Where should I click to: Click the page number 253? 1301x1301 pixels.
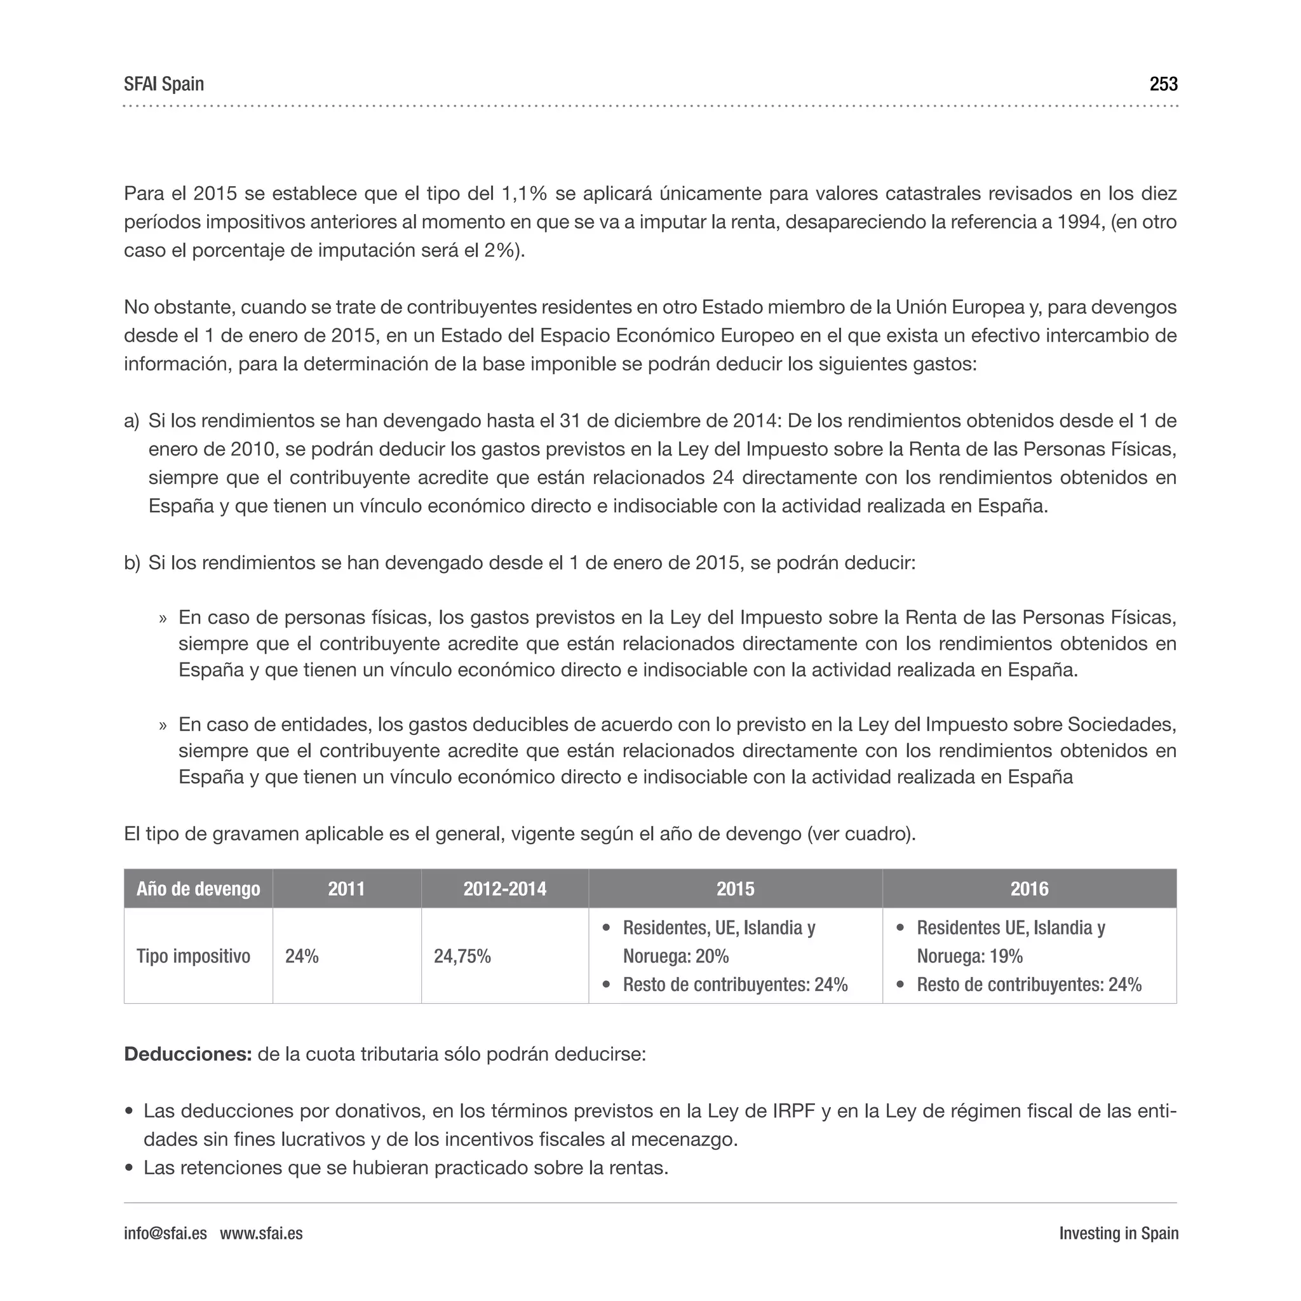pyautogui.click(x=1163, y=84)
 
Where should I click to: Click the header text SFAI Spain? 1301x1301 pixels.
pyautogui.click(x=164, y=84)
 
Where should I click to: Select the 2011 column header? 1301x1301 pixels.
pyautogui.click(x=346, y=889)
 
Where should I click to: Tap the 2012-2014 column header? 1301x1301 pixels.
pyautogui.click(x=504, y=889)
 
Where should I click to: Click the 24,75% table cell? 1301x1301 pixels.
pyautogui.click(x=462, y=956)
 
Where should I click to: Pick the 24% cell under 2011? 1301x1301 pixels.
pyautogui.click(x=302, y=956)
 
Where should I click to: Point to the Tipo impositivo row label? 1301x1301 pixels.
pyautogui.click(x=193, y=956)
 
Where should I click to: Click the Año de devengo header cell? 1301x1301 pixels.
pyautogui.click(x=198, y=889)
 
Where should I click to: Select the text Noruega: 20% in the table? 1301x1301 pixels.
pyautogui.click(x=675, y=956)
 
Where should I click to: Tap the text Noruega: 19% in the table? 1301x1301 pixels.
pyautogui.click(x=969, y=956)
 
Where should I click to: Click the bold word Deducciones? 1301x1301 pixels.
pyautogui.click(x=188, y=1054)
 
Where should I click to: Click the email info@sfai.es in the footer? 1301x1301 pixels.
pyautogui.click(x=165, y=1233)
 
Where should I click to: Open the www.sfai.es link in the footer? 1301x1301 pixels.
pyautogui.click(x=261, y=1233)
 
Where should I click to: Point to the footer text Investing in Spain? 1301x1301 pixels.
pyautogui.click(x=1118, y=1233)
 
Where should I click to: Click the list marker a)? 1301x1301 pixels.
pyautogui.click(x=131, y=422)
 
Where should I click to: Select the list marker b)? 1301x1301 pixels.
pyautogui.click(x=132, y=563)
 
